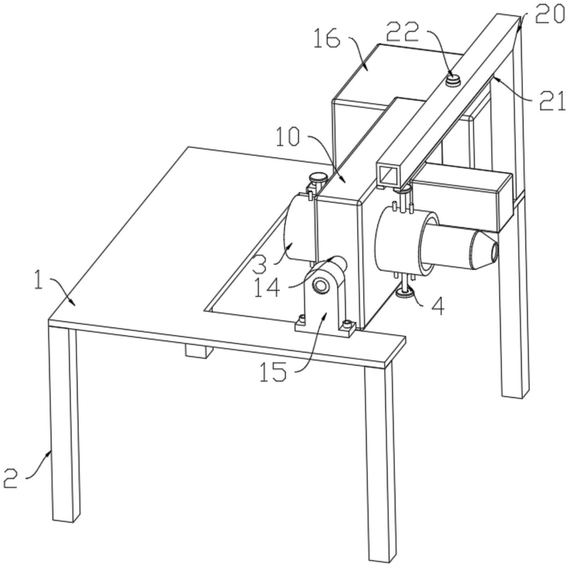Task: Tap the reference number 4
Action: click(x=438, y=307)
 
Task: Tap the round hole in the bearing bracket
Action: click(x=321, y=284)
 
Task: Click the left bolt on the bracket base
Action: click(x=302, y=319)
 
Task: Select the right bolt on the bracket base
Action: click(x=348, y=323)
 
